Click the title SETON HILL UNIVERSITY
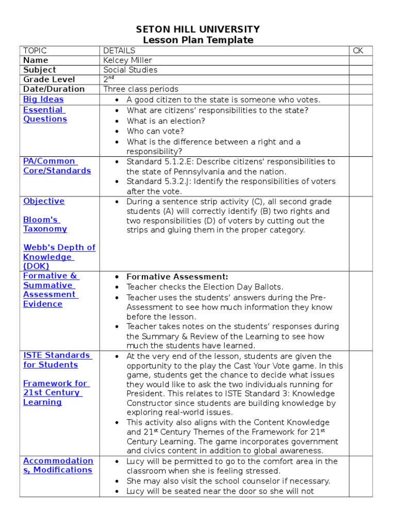coord(198,29)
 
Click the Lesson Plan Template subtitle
coord(198,40)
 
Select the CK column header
coord(358,51)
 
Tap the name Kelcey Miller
coord(127,60)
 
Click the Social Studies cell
coord(130,70)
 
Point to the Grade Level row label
coord(49,79)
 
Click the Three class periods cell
coord(141,89)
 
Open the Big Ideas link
coord(43,99)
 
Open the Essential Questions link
coord(45,114)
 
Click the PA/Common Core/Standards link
coord(57,166)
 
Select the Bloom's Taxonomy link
coord(45,224)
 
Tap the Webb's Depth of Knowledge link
coord(59,257)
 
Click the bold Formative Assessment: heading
coord(177,277)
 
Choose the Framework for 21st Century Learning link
coord(55,393)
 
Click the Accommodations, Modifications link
coord(58,465)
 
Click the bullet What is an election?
coord(166,121)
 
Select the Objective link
coord(44,201)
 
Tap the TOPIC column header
coord(35,51)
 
